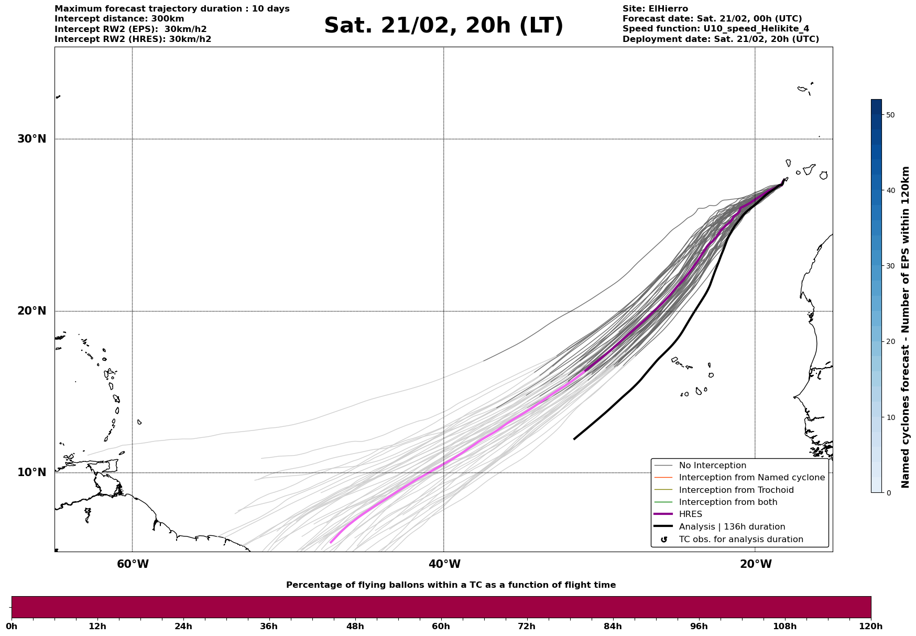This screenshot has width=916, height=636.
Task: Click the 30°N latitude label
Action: point(31,139)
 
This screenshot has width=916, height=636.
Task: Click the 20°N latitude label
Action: point(31,311)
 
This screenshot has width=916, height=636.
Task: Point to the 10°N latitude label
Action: point(31,472)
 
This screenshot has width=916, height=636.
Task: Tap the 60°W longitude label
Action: point(133,564)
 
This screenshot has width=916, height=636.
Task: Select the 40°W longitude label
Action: point(444,564)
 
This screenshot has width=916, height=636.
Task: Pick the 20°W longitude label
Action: point(755,564)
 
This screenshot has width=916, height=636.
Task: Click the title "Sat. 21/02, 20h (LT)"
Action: point(443,26)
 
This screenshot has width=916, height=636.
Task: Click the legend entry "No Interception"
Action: point(712,466)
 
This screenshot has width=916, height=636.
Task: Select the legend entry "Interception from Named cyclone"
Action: point(751,478)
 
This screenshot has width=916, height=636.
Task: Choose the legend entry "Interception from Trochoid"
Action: point(736,490)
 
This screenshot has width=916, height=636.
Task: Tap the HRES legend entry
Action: point(690,514)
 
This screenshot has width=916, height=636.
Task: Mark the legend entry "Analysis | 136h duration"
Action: point(732,527)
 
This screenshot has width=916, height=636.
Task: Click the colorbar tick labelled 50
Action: point(889,115)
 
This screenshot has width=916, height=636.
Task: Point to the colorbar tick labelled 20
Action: point(889,342)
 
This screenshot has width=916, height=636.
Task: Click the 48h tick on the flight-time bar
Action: point(355,626)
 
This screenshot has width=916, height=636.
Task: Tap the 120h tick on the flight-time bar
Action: point(870,626)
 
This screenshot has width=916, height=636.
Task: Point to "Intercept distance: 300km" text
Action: point(119,19)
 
